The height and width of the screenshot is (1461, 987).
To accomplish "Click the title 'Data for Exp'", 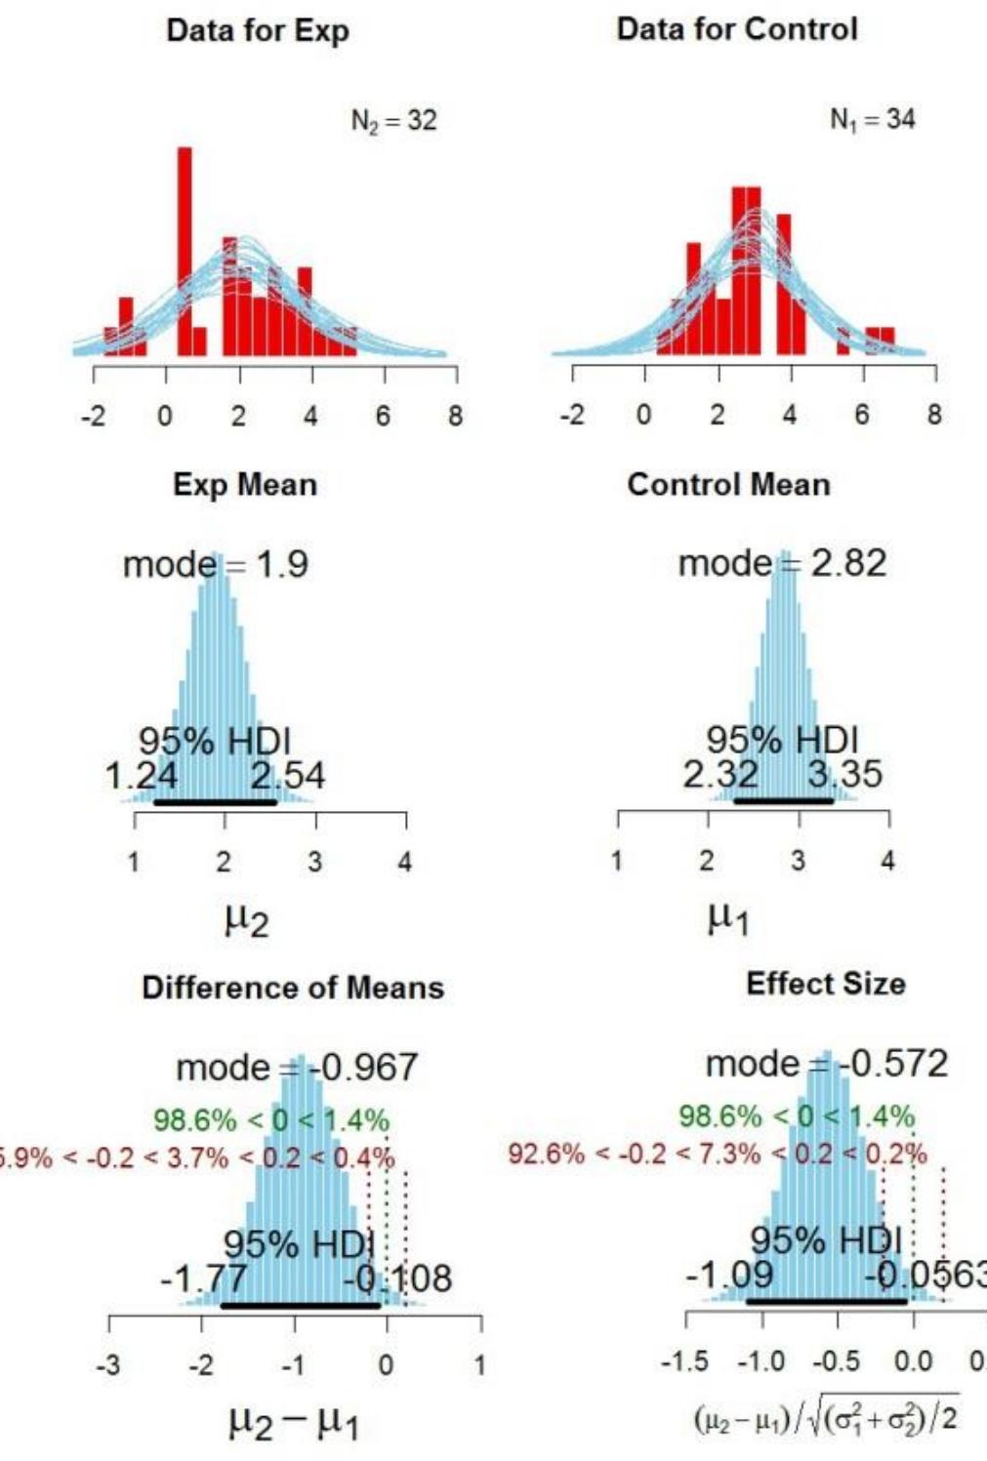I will click(258, 30).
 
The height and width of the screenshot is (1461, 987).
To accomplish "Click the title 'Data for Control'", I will click(737, 29).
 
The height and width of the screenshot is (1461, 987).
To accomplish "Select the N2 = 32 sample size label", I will click(393, 121).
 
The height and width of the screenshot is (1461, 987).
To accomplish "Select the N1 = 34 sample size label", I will click(872, 120).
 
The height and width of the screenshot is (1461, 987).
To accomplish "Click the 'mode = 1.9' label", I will click(215, 564).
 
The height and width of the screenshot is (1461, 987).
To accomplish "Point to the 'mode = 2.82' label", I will click(782, 563).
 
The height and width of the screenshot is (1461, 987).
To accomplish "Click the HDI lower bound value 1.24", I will click(142, 777).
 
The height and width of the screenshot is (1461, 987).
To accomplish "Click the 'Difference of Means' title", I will click(293, 988).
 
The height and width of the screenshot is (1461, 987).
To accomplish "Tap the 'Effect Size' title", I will click(825, 984).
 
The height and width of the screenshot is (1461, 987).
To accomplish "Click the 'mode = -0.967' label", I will click(297, 1067).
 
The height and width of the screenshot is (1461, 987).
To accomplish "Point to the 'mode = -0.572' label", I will click(826, 1063).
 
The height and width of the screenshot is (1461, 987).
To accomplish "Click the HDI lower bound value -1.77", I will click(203, 1278).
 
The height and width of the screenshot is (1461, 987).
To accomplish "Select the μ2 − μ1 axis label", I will click(293, 1424).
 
